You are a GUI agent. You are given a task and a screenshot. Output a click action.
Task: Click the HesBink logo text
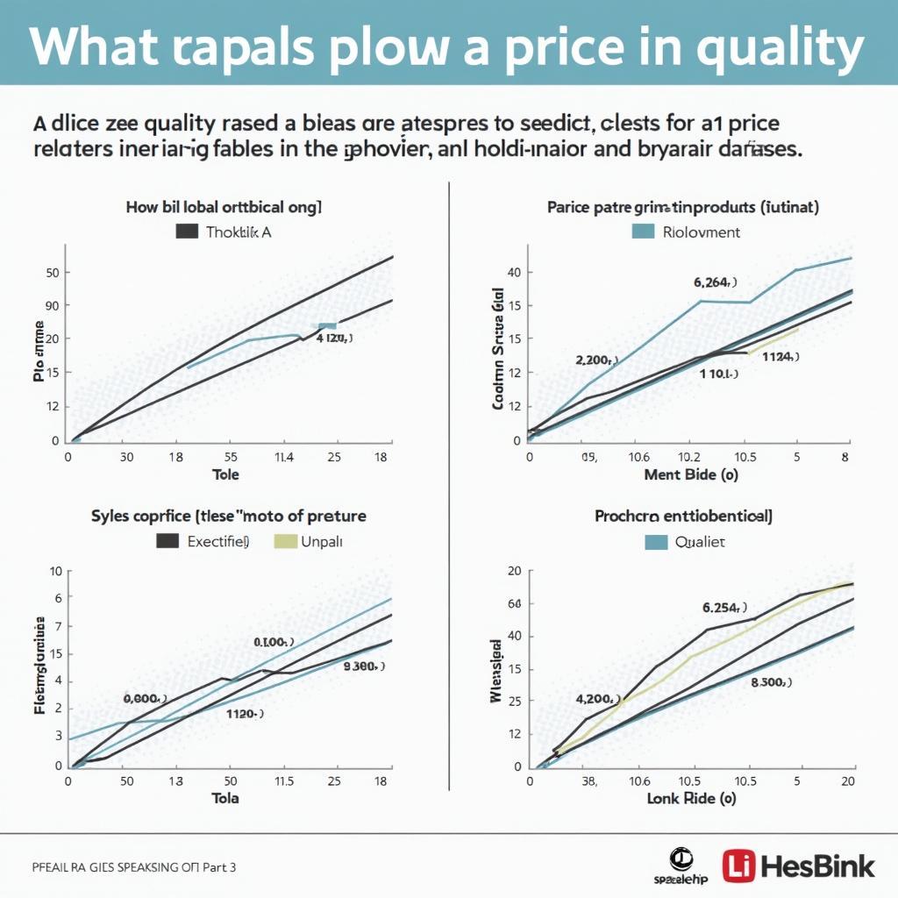click(818, 866)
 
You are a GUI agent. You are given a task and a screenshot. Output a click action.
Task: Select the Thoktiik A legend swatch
click(187, 232)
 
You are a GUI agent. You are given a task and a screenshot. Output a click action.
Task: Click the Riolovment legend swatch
click(643, 232)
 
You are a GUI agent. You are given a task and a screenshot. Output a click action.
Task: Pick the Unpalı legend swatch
click(286, 541)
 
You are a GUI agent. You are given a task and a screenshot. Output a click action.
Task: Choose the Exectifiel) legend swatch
click(167, 541)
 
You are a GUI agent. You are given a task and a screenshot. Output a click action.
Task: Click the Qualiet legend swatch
click(656, 542)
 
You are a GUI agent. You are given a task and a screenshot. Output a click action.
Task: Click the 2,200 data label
click(596, 360)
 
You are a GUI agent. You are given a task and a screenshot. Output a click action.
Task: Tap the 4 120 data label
click(333, 337)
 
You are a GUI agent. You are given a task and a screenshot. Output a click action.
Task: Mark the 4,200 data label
click(597, 699)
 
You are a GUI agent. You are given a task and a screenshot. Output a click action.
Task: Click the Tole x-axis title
click(225, 474)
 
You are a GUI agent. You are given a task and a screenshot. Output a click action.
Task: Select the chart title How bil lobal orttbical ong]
click(224, 208)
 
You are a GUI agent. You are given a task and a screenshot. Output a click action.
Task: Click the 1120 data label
click(246, 714)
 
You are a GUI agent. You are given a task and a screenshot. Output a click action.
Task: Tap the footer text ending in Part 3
click(133, 867)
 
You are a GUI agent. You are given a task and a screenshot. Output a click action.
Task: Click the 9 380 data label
click(364, 666)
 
